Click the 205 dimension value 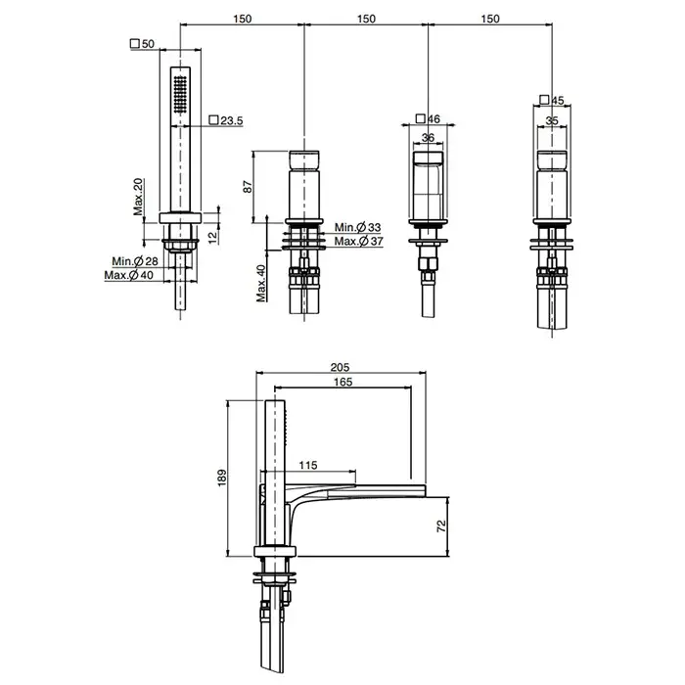coord(340,367)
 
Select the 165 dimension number coord(342,382)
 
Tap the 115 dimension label coord(308,465)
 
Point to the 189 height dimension coord(222,478)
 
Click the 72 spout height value coord(441,525)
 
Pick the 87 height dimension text coord(248,187)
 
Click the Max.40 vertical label coord(261,283)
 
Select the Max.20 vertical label coord(139,197)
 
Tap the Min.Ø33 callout coord(358,227)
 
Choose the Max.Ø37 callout coord(359,241)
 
